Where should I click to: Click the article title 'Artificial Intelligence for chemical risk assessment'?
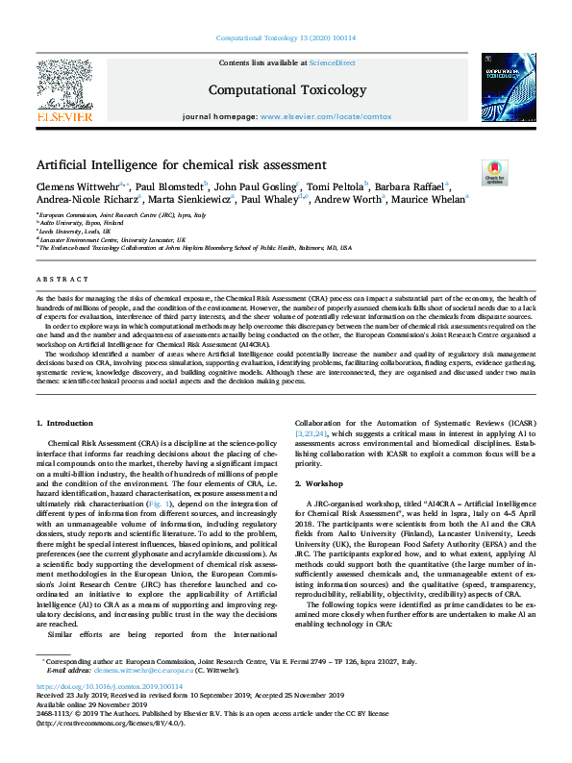click(182, 164)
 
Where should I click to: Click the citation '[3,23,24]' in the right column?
click(312, 434)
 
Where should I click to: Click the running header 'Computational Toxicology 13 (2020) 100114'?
click(286, 39)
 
